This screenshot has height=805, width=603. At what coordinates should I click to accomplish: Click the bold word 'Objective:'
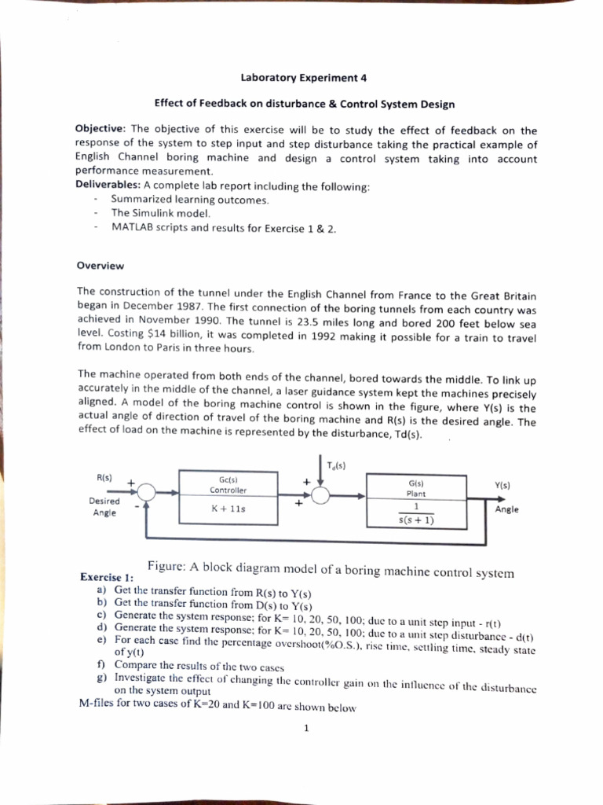pyautogui.click(x=100, y=130)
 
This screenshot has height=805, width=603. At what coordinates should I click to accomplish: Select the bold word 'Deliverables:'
pyautogui.click(x=108, y=186)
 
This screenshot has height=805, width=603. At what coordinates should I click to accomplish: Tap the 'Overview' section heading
pyautogui.click(x=100, y=266)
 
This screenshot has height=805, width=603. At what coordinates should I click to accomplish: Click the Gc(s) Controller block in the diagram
pyautogui.click(x=228, y=484)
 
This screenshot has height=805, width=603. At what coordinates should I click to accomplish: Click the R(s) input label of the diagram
pyautogui.click(x=104, y=477)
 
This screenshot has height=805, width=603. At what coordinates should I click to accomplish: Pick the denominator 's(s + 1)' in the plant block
pyautogui.click(x=417, y=520)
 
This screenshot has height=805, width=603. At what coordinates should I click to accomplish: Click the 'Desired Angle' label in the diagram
pyautogui.click(x=104, y=507)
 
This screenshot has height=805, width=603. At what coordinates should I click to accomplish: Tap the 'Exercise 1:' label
pyautogui.click(x=107, y=577)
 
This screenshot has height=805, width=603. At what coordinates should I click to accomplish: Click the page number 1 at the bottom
pyautogui.click(x=306, y=727)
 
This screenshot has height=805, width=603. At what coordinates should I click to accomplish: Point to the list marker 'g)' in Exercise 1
pyautogui.click(x=101, y=676)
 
